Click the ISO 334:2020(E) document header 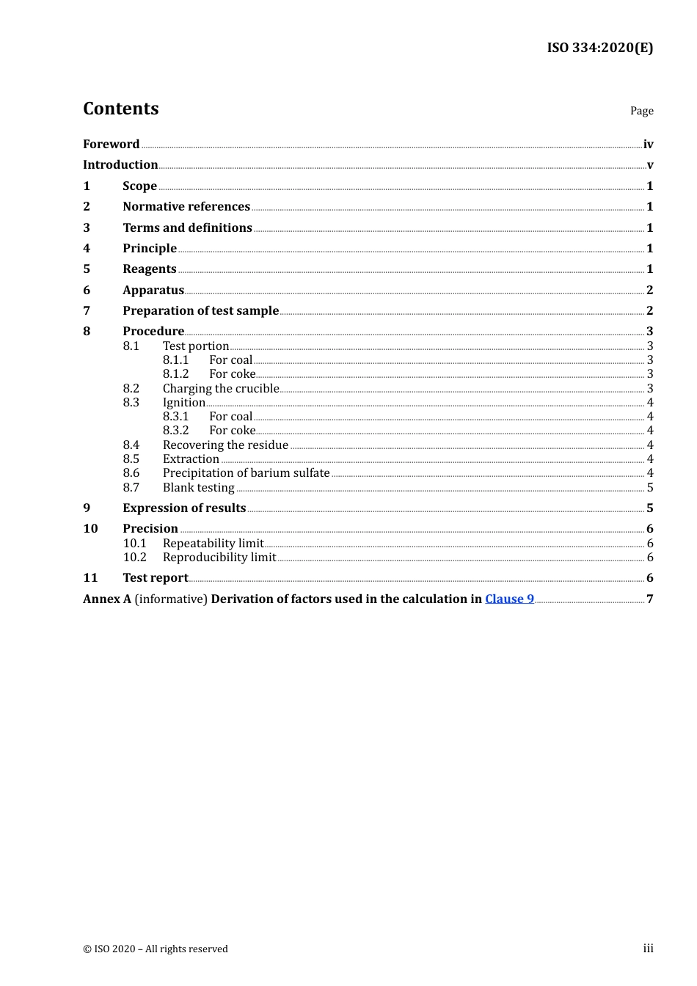click(x=599, y=48)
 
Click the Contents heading click(x=121, y=109)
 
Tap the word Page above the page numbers click(x=641, y=111)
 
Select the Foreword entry click(x=111, y=144)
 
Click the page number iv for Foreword click(x=648, y=145)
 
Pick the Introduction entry click(x=120, y=164)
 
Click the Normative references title click(x=186, y=206)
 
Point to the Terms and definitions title click(x=187, y=227)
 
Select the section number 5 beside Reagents click(x=87, y=269)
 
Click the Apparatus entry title click(x=153, y=290)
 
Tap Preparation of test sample click(x=200, y=310)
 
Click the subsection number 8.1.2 click(x=175, y=373)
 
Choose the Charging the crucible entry click(x=221, y=388)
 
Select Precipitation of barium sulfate click(x=246, y=472)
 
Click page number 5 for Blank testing click(x=649, y=487)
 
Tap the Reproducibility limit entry click(x=219, y=557)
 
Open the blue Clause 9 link click(x=509, y=599)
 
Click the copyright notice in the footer click(x=156, y=949)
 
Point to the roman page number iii click(x=648, y=948)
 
